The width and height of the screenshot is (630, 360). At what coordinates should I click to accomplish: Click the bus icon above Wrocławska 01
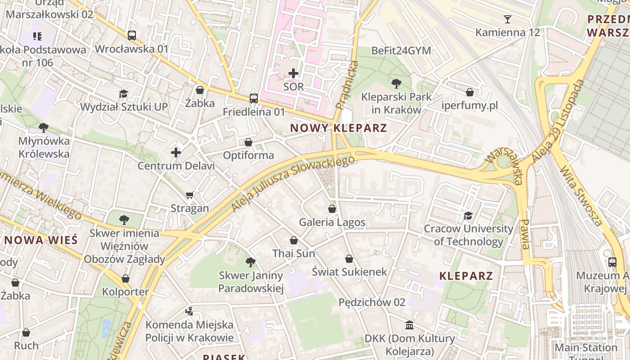132,36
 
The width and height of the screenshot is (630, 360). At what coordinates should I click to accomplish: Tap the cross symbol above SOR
293,73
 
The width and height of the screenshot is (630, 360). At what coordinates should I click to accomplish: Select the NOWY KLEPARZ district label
338,128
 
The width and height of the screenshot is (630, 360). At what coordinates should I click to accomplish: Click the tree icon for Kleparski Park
396,83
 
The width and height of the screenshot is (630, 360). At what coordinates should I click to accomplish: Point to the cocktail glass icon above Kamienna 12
508,19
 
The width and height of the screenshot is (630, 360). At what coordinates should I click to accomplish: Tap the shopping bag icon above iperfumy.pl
470,92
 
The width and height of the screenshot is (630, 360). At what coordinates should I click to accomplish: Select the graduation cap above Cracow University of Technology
468,216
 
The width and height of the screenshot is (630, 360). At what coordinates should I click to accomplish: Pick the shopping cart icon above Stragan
190,195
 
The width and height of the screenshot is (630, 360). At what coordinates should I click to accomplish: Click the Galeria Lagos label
332,222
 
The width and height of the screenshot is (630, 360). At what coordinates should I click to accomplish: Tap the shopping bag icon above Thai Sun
294,241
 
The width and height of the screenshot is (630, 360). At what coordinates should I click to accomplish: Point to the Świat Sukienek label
349,272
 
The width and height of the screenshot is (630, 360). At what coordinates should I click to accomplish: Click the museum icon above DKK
409,325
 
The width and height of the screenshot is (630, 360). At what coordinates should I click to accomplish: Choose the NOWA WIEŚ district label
41,240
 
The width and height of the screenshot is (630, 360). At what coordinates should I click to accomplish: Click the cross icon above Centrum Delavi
176,153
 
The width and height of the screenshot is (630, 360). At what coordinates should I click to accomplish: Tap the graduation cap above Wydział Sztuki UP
124,94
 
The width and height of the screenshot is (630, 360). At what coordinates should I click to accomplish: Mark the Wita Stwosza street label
580,196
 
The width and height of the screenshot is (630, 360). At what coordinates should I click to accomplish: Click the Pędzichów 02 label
372,302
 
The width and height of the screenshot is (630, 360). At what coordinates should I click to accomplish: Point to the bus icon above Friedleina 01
254,99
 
